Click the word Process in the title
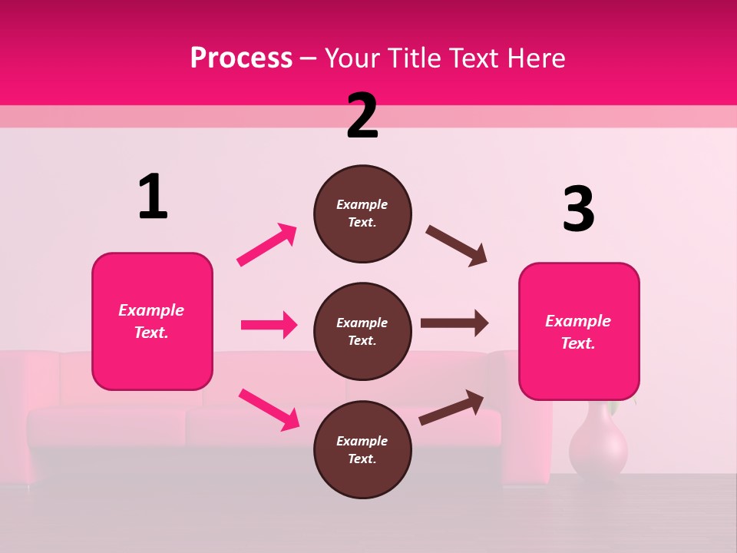pyautogui.click(x=241, y=58)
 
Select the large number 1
pyautogui.click(x=153, y=197)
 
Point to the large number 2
pyautogui.click(x=362, y=116)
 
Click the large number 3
pyautogui.click(x=578, y=210)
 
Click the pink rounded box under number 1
pyautogui.click(x=152, y=321)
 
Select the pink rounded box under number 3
pyautogui.click(x=579, y=331)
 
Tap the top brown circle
pyautogui.click(x=362, y=214)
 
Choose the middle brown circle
pyautogui.click(x=362, y=331)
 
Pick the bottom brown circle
pyautogui.click(x=362, y=449)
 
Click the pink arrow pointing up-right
pyautogui.click(x=267, y=244)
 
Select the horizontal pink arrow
pyautogui.click(x=269, y=325)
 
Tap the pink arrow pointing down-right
pyautogui.click(x=269, y=409)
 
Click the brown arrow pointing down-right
pyautogui.click(x=457, y=246)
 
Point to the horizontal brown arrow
pyautogui.click(x=454, y=323)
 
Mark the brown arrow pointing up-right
pyautogui.click(x=451, y=408)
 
